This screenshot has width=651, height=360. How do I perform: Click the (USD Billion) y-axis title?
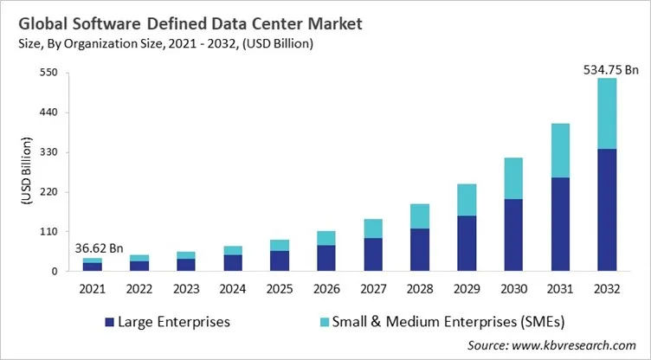[x=23, y=172]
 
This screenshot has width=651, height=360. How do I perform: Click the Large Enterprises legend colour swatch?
[x=108, y=322]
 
